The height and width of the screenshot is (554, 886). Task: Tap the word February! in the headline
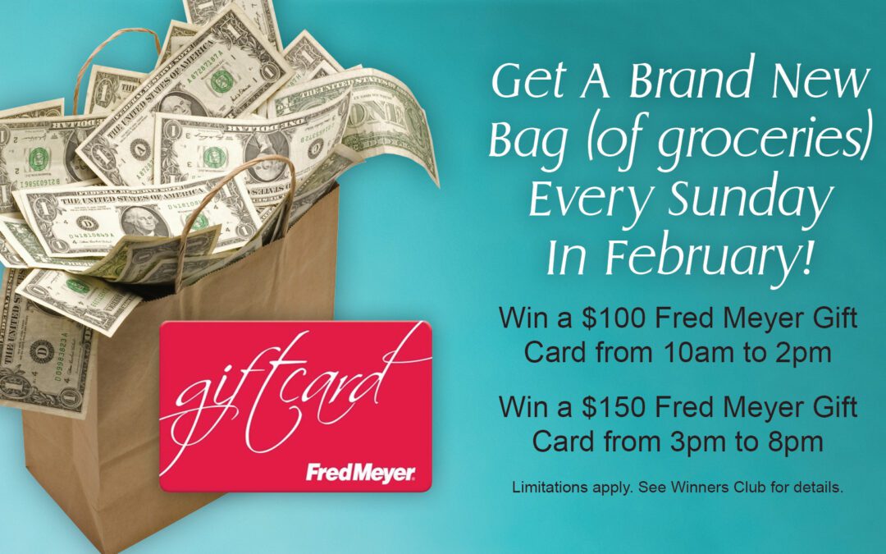point(709,257)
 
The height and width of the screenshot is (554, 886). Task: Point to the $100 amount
point(614,318)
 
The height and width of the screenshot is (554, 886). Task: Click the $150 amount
point(614,407)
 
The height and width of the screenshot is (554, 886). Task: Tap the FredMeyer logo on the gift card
point(360,473)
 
